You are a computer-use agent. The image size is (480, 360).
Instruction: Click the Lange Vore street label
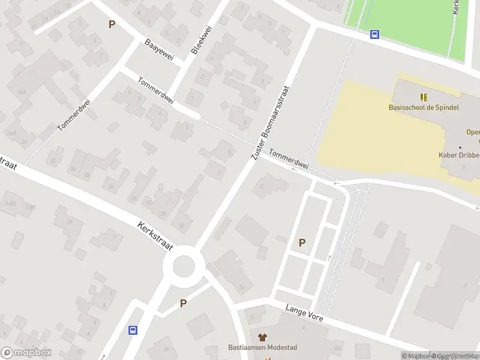point(304,311)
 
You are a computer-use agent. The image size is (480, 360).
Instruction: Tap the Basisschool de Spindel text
point(423,107)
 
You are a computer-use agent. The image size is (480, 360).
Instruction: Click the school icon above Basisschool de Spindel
point(424,97)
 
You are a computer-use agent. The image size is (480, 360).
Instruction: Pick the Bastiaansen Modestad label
point(262,347)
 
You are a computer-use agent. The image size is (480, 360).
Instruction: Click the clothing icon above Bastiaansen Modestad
point(262,337)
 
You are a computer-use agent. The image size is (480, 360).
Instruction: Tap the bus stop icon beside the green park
point(374,35)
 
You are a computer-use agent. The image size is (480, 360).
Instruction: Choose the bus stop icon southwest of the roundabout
point(133,329)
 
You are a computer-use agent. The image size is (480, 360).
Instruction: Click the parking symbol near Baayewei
point(111,25)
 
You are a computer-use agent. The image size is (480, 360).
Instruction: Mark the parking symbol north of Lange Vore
point(302,243)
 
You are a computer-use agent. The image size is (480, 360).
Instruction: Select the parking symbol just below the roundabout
point(183,304)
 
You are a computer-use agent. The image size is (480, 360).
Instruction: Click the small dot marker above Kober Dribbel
point(460,147)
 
